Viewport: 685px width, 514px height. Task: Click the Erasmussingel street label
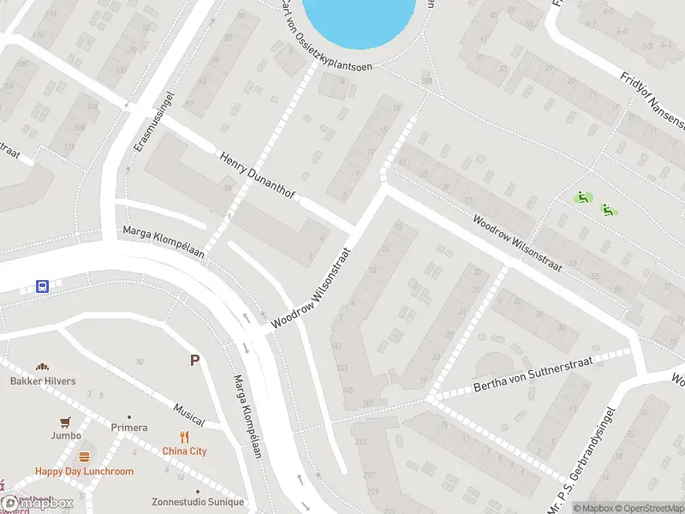(x=142, y=122)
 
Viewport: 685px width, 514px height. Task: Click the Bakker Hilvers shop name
(x=43, y=380)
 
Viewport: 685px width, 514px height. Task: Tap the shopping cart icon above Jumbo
(x=65, y=421)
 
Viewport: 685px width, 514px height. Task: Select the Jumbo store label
(x=66, y=435)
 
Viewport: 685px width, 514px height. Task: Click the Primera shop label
(x=129, y=427)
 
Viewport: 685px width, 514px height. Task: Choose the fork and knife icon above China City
(x=185, y=437)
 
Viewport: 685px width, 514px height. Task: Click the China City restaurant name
(x=185, y=451)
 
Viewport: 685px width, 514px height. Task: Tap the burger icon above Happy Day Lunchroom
(x=84, y=457)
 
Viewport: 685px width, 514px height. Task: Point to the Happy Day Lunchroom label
(x=84, y=471)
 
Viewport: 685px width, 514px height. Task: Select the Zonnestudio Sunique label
(x=198, y=502)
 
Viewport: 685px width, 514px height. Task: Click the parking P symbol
(x=195, y=361)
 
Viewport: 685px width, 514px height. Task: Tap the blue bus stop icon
(x=42, y=286)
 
